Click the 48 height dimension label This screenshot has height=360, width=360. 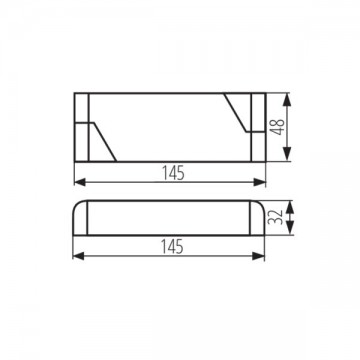(297, 127)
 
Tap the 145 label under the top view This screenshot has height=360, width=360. (171, 172)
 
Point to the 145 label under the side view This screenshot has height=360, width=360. (171, 246)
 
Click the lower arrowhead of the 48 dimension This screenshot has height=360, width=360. (287, 156)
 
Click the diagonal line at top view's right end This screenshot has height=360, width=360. (237, 109)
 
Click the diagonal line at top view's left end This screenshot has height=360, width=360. (105, 140)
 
